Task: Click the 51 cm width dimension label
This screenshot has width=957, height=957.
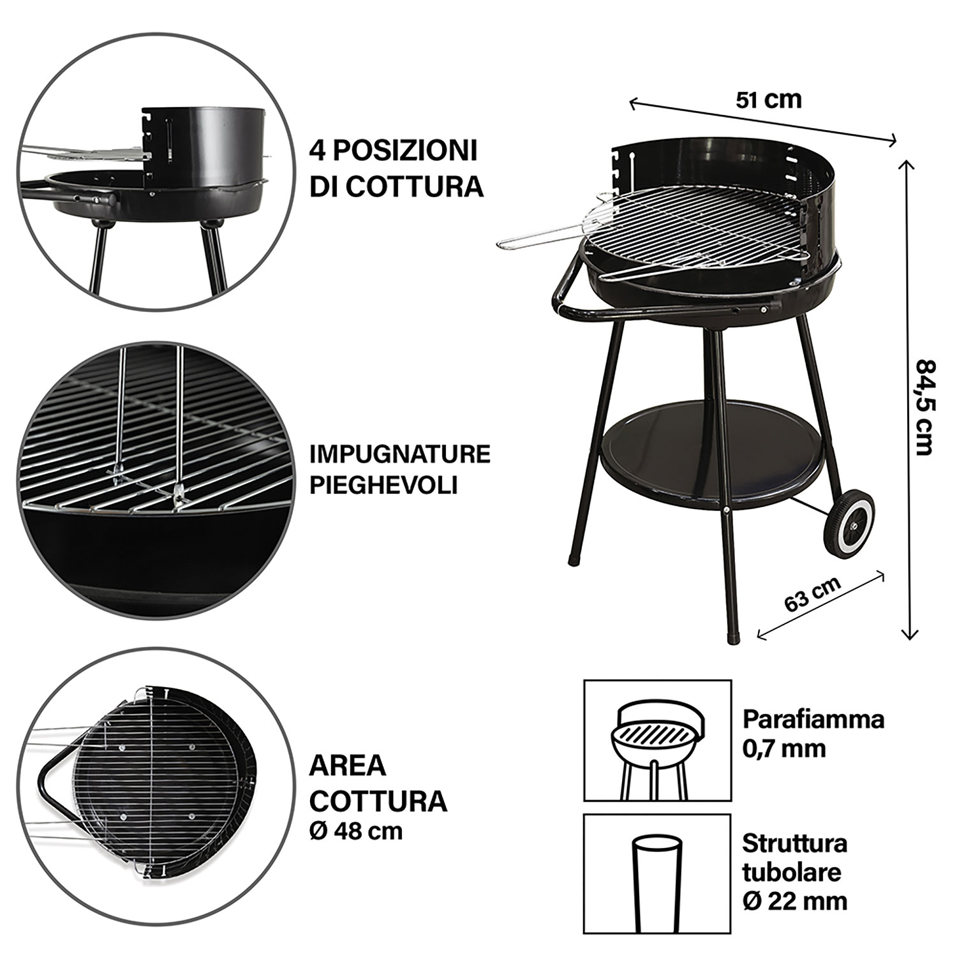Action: (768, 100)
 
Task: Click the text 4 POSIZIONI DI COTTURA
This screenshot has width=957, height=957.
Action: (396, 168)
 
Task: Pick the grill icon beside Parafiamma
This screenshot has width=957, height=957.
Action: (658, 739)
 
